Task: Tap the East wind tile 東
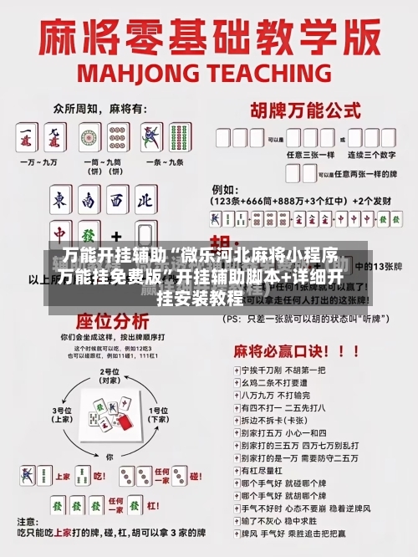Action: click(x=60, y=200)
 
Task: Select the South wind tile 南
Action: click(x=88, y=200)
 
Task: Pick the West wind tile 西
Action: click(x=116, y=200)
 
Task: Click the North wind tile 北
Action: click(x=145, y=200)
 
